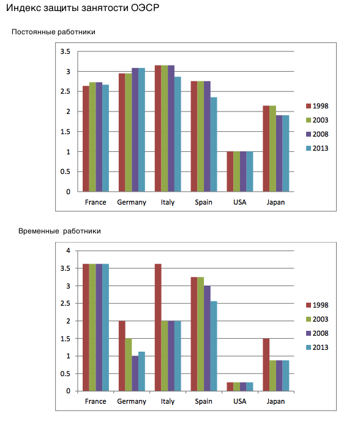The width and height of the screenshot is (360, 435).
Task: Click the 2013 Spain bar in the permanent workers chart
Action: [214, 144]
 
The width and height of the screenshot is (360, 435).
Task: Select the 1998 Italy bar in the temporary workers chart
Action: [158, 327]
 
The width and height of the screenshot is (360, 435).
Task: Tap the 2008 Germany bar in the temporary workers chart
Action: [135, 373]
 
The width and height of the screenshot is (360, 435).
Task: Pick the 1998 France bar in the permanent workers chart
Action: [86, 138]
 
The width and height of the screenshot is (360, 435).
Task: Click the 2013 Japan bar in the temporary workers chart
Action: [286, 376]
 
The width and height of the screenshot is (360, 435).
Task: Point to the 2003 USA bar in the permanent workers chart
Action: [237, 172]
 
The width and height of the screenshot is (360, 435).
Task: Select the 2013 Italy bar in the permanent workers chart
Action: [178, 134]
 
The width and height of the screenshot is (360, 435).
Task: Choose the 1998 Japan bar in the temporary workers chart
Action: [266, 365]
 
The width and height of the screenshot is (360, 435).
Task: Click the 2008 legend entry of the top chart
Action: [317, 134]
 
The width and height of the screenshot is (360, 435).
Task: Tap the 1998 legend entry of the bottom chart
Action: [317, 305]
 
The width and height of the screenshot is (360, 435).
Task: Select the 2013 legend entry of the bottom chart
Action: [317, 347]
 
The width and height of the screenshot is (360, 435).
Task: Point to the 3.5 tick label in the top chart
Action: [66, 51]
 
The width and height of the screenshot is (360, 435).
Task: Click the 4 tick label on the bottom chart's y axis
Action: [68, 251]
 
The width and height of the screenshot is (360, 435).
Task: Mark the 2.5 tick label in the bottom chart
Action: [66, 303]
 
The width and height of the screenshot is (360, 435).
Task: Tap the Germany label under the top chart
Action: [132, 203]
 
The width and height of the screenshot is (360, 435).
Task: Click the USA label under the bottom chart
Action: [240, 401]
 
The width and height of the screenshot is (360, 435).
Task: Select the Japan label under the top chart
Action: [276, 203]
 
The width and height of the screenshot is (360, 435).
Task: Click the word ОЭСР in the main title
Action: [145, 8]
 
